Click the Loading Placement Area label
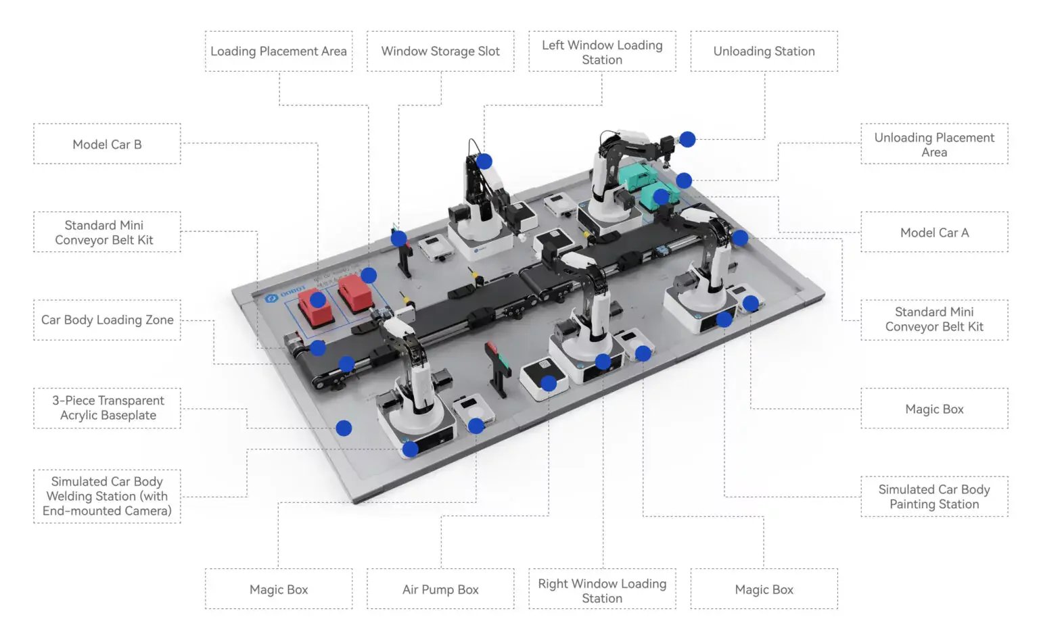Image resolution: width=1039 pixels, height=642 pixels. [x=278, y=51]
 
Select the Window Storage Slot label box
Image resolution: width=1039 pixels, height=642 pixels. [x=440, y=51]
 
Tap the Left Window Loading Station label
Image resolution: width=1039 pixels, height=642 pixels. [x=601, y=52]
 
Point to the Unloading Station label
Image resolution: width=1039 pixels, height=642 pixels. [x=764, y=51]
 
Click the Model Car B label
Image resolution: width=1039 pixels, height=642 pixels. [x=107, y=144]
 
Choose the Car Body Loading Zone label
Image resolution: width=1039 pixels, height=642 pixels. [x=107, y=320]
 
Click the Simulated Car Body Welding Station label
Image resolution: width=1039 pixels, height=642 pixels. [x=107, y=496]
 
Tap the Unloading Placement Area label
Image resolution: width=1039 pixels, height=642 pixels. [x=934, y=145]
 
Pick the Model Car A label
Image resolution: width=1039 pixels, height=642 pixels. [x=934, y=232]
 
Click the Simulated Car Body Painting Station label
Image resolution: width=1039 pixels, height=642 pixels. [x=934, y=497]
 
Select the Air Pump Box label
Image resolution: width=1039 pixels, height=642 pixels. [x=440, y=589]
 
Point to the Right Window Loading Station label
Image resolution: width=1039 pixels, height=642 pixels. [x=601, y=590]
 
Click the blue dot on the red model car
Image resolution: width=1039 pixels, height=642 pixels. [x=318, y=299]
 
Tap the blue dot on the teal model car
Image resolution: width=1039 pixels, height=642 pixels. [x=661, y=197]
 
